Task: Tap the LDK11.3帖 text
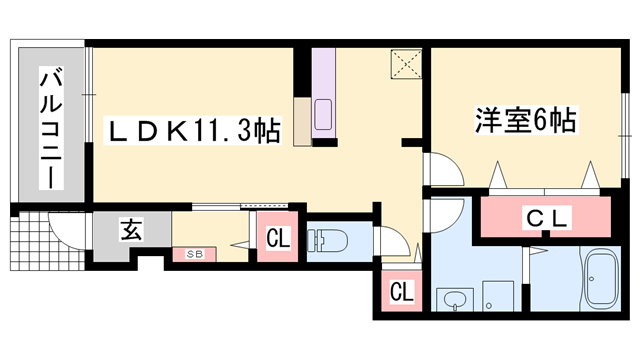(194, 130)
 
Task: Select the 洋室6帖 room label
(523, 121)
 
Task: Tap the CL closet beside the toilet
(278, 239)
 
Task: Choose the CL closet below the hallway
(401, 292)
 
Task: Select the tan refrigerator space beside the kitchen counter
(302, 122)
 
